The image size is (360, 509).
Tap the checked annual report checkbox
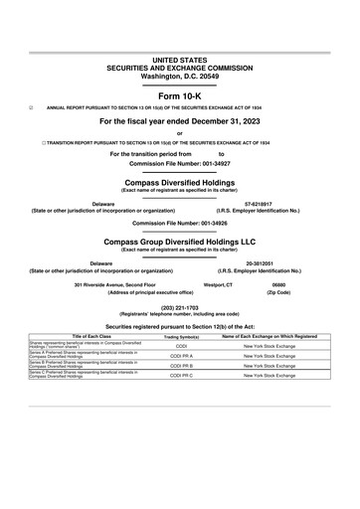[x=32, y=107]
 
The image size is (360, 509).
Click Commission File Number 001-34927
[x=179, y=164]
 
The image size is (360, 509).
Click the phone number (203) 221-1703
[x=179, y=307]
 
